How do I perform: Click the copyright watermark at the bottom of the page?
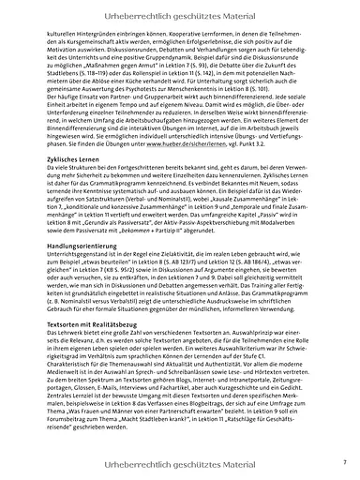point(180,463)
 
